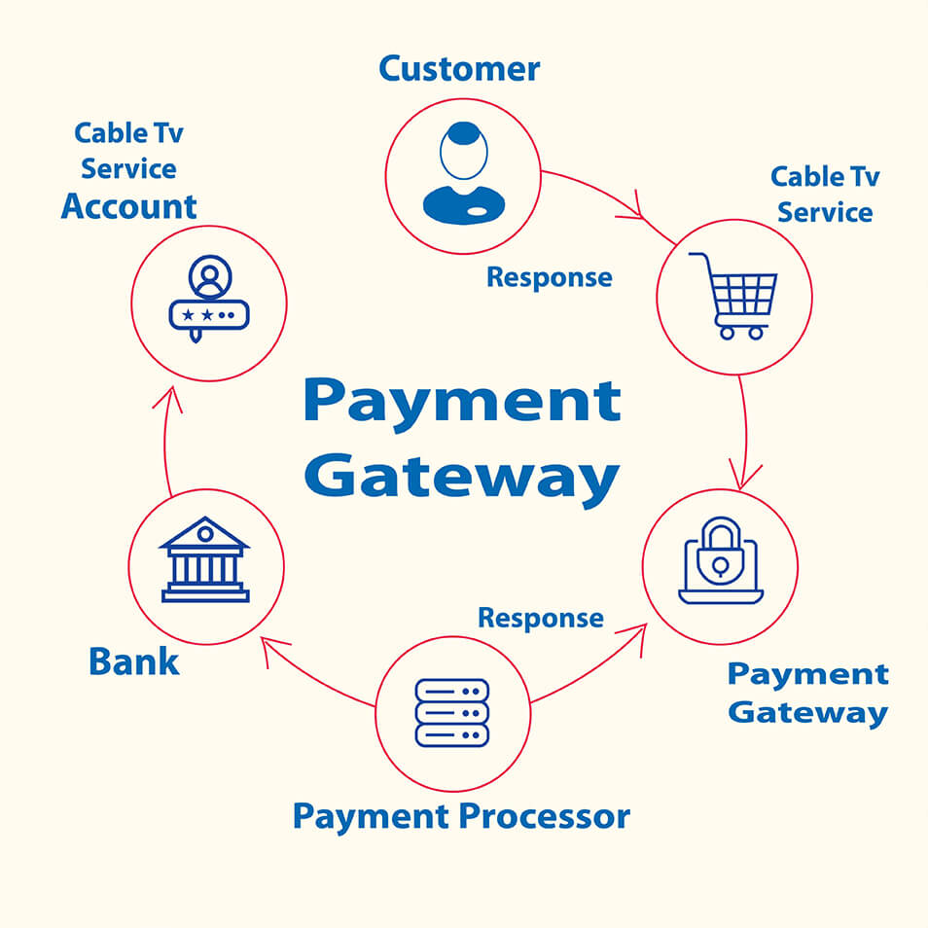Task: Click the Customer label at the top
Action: point(459,69)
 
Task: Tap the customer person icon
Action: point(464,173)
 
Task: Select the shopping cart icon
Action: point(733,296)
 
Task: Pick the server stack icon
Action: point(452,713)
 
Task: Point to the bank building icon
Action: point(205,559)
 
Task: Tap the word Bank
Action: point(134,661)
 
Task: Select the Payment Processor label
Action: point(462,817)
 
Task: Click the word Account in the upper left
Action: point(129,206)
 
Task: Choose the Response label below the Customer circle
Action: point(550,277)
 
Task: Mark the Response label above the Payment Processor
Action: point(541,618)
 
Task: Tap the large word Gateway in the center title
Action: point(462,480)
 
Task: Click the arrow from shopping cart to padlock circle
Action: point(745,432)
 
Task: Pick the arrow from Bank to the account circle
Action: point(165,441)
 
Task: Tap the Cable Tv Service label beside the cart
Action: point(825,195)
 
